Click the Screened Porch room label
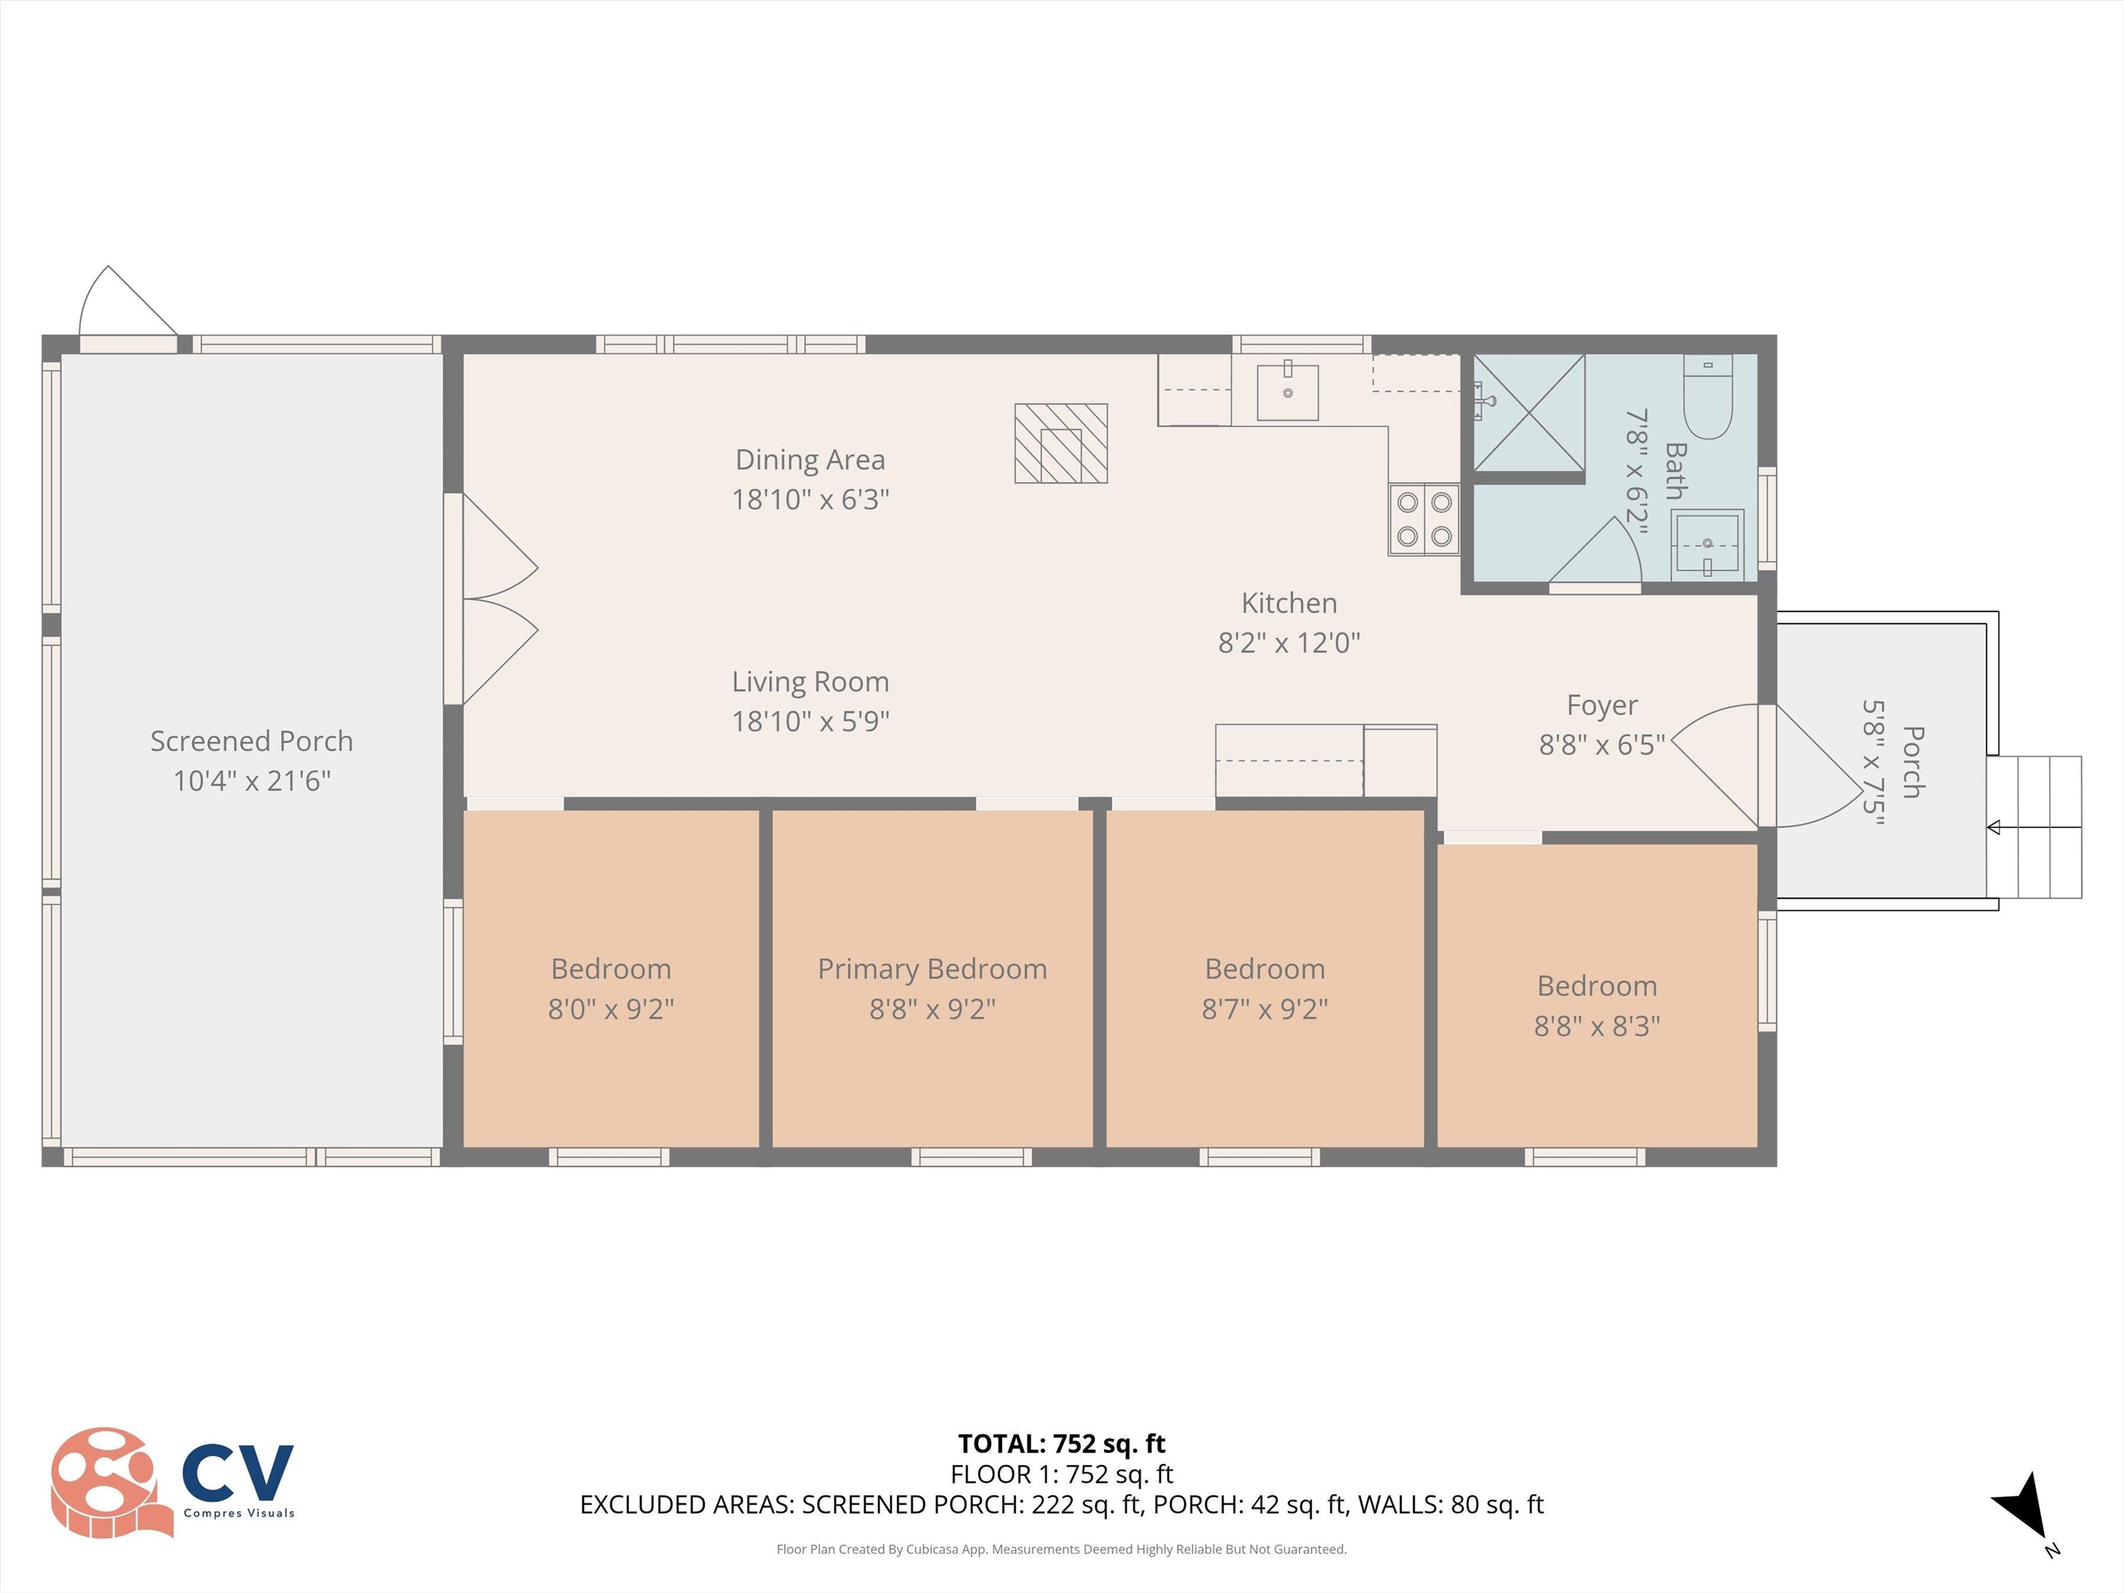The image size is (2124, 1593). (x=252, y=741)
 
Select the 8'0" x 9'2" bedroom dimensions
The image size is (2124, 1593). (x=611, y=1009)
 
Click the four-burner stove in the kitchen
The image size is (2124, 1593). (x=1424, y=519)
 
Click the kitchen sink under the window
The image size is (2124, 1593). (x=1287, y=392)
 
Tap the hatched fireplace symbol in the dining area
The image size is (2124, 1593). (x=1061, y=442)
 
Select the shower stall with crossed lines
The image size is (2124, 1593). (x=1529, y=413)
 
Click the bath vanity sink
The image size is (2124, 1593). (x=1706, y=544)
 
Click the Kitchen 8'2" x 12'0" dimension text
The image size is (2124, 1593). (x=1289, y=642)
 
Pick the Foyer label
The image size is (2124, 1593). (x=1601, y=705)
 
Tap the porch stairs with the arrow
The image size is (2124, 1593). (x=2033, y=827)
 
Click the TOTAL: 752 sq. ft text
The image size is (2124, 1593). (x=1061, y=1443)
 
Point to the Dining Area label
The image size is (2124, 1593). (x=810, y=460)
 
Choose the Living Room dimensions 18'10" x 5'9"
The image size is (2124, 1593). (x=810, y=721)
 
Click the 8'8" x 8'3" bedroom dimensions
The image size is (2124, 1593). (x=1597, y=1025)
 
